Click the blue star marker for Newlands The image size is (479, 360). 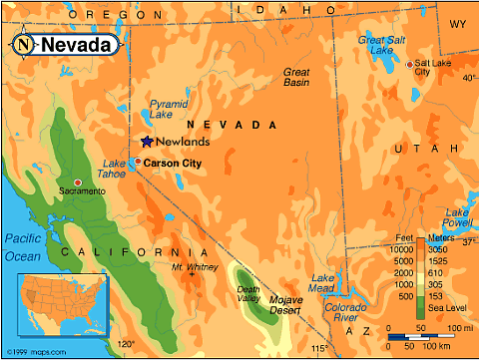[x=148, y=142]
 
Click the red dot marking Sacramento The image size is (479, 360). [x=77, y=181]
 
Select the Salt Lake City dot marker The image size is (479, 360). [x=409, y=64]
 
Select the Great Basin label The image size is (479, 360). [x=296, y=78]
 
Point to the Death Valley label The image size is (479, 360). [x=248, y=294]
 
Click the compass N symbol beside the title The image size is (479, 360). [x=23, y=45]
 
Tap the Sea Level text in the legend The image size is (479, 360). [x=447, y=309]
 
